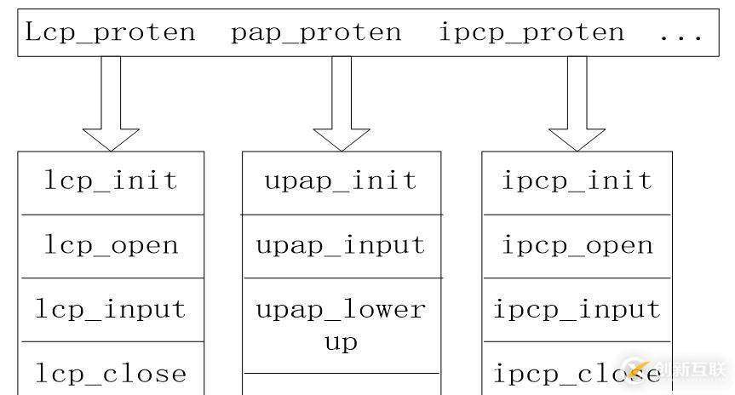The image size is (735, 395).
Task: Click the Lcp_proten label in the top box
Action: click(110, 33)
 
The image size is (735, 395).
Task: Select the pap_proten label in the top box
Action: click(317, 33)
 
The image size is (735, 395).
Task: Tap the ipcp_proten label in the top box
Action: click(531, 33)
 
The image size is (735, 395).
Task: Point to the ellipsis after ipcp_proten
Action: click(681, 36)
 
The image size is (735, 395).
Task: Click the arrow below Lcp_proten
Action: click(111, 104)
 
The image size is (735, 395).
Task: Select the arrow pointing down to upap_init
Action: click(342, 104)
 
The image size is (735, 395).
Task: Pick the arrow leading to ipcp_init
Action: click(577, 104)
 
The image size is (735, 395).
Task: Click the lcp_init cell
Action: click(111, 183)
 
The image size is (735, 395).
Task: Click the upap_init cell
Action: click(342, 183)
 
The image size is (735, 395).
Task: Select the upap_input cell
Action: click(342, 247)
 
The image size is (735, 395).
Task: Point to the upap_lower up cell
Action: click(342, 326)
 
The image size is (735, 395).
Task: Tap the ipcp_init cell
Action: click(577, 183)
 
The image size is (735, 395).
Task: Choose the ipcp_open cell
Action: click(577, 247)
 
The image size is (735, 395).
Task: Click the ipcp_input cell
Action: click(577, 310)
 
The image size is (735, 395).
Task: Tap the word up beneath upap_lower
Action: click(342, 343)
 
